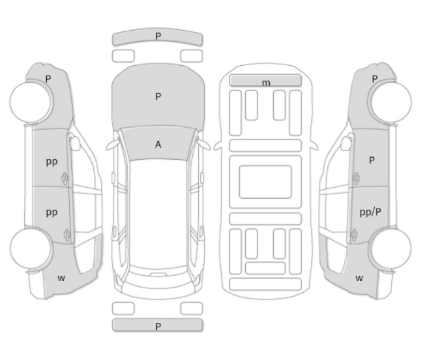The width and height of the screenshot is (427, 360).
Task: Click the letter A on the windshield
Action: (158, 144)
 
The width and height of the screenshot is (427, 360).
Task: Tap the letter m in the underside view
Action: (266, 83)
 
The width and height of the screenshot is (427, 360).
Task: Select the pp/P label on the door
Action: (370, 212)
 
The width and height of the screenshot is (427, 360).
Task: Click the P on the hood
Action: (158, 97)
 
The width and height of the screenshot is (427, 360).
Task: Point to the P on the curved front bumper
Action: (158, 36)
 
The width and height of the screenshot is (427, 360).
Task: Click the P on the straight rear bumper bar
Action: (158, 326)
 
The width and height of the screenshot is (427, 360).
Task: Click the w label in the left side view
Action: (61, 278)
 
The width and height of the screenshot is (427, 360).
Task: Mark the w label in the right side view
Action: (359, 278)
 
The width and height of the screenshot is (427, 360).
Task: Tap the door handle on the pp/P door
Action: (354, 235)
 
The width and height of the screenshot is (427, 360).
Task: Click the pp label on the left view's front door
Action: (52, 162)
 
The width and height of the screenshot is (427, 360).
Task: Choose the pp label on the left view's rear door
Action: (52, 213)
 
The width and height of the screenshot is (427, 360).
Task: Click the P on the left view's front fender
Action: (48, 79)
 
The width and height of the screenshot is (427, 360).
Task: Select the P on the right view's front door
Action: (372, 160)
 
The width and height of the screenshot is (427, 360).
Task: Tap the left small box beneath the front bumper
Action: (123, 56)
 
